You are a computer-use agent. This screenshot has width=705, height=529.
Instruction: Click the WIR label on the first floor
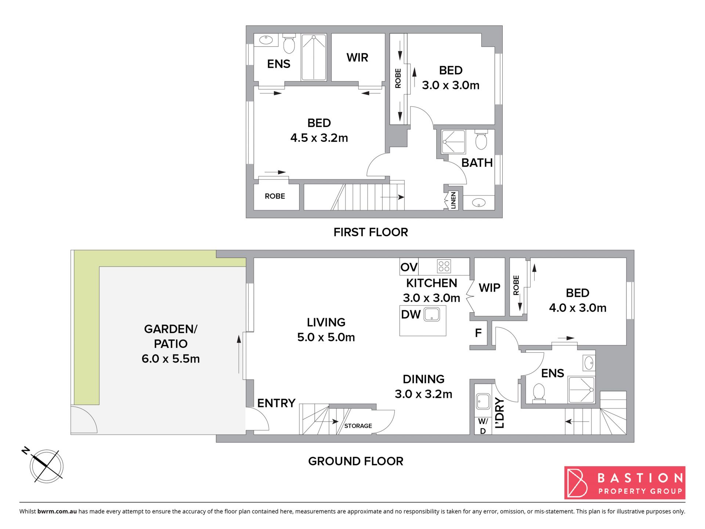pyautogui.click(x=357, y=58)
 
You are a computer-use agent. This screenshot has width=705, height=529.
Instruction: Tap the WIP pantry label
pyautogui.click(x=489, y=288)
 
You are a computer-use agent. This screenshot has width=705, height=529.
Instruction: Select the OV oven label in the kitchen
pyautogui.click(x=409, y=267)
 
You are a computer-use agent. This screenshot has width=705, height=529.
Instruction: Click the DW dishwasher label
pyautogui.click(x=411, y=314)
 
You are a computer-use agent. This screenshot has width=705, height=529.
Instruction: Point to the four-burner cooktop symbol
pyautogui.click(x=444, y=266)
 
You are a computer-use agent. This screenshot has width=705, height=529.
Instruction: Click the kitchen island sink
pyautogui.click(x=432, y=314)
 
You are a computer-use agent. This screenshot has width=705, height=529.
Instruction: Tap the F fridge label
pyautogui.click(x=478, y=333)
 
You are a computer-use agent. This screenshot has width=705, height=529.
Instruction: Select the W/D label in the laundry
pyautogui.click(x=483, y=426)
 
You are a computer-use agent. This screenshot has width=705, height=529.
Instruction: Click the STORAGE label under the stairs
pyautogui.click(x=358, y=426)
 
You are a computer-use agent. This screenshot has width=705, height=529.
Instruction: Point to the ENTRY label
pyautogui.click(x=276, y=403)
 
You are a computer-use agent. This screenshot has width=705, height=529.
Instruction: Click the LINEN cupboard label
pyautogui.click(x=453, y=200)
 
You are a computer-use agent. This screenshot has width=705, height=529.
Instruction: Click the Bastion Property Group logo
pyautogui.click(x=625, y=483)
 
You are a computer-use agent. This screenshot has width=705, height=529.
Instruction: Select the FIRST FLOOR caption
pyautogui.click(x=370, y=232)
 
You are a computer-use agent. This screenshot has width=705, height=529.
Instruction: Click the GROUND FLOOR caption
pyautogui.click(x=355, y=461)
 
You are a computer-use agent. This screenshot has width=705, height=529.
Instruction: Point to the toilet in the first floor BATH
pyautogui.click(x=481, y=140)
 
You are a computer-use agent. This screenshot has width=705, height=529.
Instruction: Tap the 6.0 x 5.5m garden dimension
pyautogui.click(x=171, y=359)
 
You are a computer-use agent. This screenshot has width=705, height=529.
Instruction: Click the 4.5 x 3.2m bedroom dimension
pyautogui.click(x=319, y=138)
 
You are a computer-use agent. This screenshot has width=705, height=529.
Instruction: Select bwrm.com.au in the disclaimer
pyautogui.click(x=57, y=511)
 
